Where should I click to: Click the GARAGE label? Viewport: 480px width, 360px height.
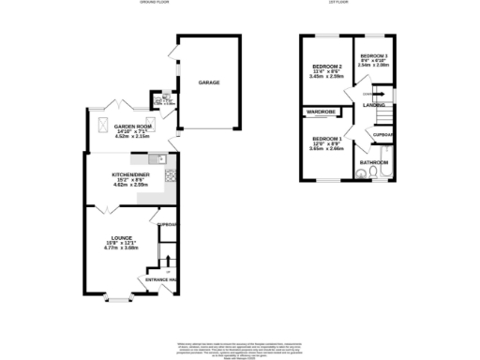tap(208, 82)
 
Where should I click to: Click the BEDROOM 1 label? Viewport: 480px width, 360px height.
tap(322, 138)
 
